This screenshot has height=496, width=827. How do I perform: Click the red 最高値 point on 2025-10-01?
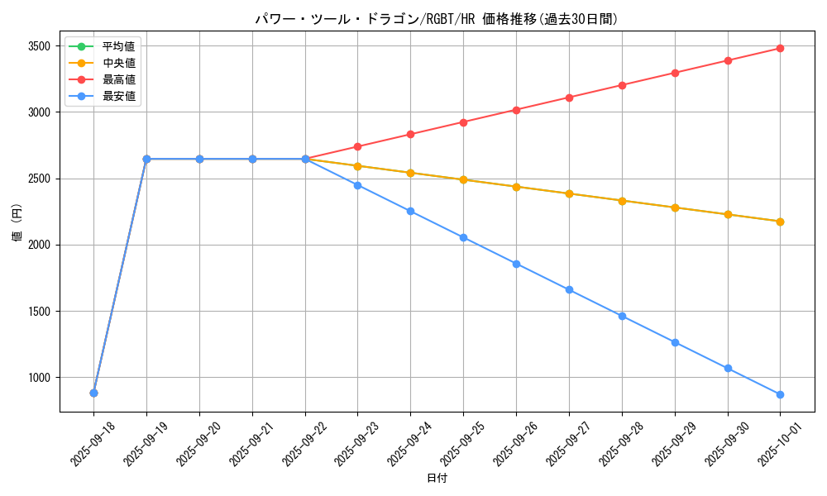pos(780,48)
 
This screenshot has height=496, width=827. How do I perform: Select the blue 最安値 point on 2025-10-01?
pos(780,394)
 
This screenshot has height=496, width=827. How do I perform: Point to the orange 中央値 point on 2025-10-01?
pos(780,222)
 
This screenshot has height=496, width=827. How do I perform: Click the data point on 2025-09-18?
pos(93,393)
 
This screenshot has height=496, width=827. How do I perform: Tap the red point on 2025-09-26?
pos(516,110)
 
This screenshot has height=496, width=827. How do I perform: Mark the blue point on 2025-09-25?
pos(463,237)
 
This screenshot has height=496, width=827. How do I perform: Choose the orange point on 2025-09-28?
pos(622,201)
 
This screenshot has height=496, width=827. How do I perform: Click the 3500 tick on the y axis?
pos(39,45)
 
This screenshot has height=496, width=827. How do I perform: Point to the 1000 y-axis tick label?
pos(39,378)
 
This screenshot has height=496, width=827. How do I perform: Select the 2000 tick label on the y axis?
pos(39,245)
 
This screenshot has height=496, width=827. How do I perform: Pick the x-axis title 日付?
pos(437,479)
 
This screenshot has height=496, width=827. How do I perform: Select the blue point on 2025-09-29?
pos(675,342)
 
